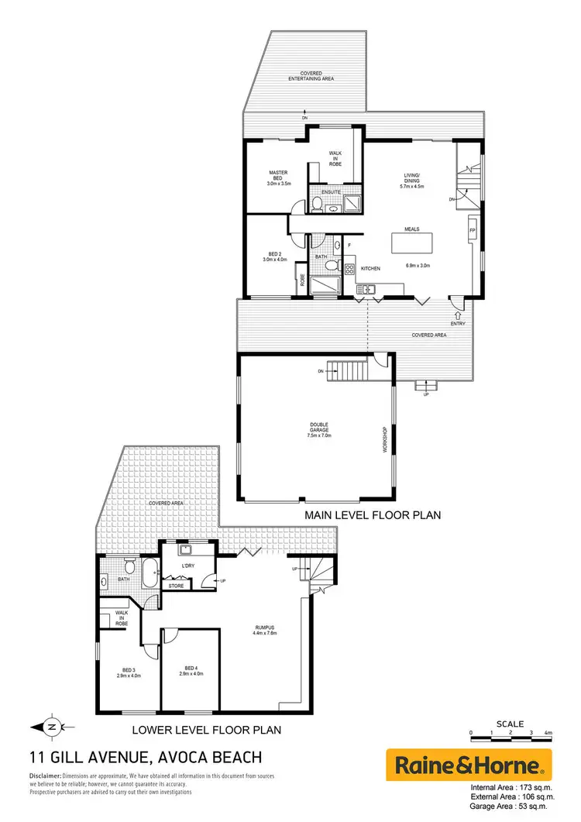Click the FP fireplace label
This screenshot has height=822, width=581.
tap(472, 232)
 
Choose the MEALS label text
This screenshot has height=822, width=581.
tap(411, 230)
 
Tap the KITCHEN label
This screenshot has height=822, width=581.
tap(370, 268)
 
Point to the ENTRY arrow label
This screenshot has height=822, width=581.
tap(458, 323)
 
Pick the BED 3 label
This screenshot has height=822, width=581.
tap(129, 670)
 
